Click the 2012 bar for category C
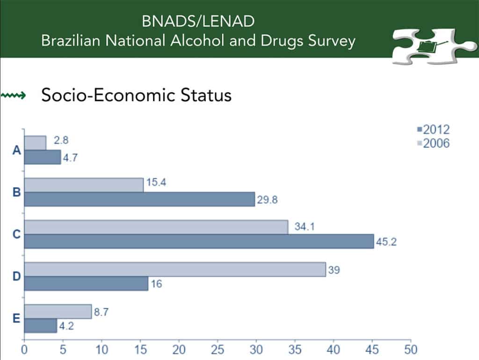tap(199, 242)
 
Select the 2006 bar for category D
tap(175, 270)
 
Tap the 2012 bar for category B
tap(139, 199)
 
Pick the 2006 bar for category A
tap(36, 143)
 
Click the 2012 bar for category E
tap(41, 326)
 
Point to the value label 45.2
tap(386, 242)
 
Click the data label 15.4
tap(156, 182)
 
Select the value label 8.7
tap(101, 312)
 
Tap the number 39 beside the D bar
tap(334, 270)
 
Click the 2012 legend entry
tap(434, 130)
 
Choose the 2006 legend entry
tap(434, 143)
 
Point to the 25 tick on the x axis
tap(218, 349)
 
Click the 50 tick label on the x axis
tap(411, 349)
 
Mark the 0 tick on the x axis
tap(24, 349)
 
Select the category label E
tap(16, 318)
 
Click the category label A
tap(17, 150)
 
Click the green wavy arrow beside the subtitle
tap(14, 96)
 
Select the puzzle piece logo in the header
tap(434, 46)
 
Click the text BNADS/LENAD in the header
tap(198, 21)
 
